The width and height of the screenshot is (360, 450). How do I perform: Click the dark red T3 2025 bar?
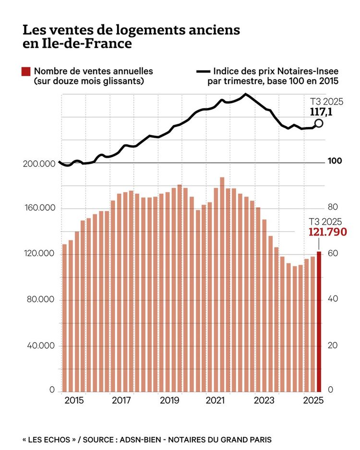point(319,321)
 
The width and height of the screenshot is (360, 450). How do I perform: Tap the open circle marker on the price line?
point(319,123)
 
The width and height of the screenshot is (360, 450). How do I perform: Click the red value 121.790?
point(324,232)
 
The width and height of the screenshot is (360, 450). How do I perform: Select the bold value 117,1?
point(322,112)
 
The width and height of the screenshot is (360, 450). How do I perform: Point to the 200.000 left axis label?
point(39,164)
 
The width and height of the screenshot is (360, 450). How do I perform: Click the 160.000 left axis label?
point(39,209)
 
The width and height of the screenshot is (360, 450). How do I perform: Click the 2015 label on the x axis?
point(74,400)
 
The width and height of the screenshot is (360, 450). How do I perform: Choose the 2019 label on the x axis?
point(169,400)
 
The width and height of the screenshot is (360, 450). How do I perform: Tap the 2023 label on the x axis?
point(264,400)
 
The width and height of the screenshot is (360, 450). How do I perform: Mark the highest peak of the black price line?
point(245,94)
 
